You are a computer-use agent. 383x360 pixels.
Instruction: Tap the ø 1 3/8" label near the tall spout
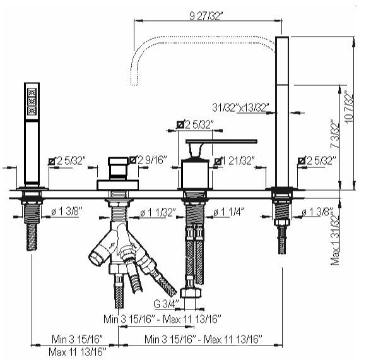(317, 212)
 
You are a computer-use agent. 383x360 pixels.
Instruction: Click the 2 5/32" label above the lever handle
(196, 124)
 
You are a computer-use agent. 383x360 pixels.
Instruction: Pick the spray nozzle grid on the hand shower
(32, 101)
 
